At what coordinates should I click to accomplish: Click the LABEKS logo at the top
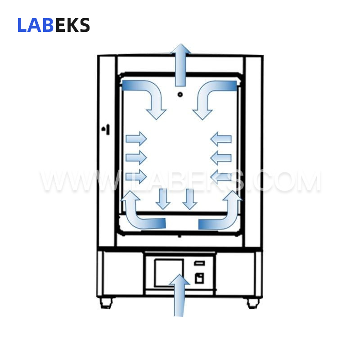click(54, 25)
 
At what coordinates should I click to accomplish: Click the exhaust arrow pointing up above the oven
click(180, 65)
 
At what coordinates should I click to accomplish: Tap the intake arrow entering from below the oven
click(179, 296)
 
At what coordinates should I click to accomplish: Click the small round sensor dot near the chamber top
click(180, 94)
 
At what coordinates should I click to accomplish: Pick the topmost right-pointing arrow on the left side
click(136, 139)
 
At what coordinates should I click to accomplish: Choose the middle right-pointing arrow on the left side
click(136, 158)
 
